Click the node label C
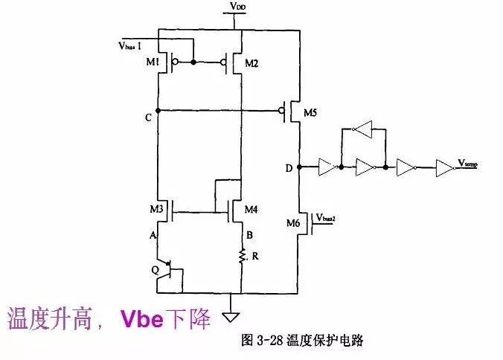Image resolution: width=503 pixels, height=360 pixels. coord(149,118)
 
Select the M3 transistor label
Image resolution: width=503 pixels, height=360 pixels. coord(156,210)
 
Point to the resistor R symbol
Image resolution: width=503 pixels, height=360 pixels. coord(242,255)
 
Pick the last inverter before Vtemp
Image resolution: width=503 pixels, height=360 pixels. coord(443,167)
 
